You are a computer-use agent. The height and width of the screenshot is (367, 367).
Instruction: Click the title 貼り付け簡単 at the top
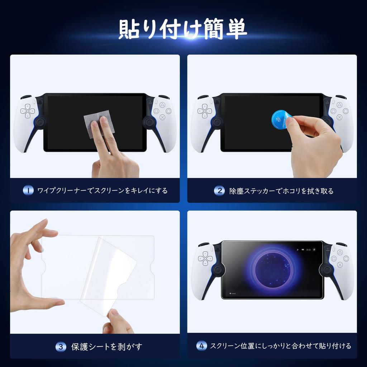tap(183, 29)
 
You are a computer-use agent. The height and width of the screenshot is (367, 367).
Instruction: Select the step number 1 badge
tap(28, 190)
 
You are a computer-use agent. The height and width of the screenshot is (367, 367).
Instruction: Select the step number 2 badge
tap(219, 191)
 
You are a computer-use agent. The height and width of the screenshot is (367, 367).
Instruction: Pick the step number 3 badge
tap(61, 347)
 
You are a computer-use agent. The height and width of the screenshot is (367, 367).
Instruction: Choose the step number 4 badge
tap(202, 346)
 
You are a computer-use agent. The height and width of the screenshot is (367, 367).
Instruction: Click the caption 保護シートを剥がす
tap(107, 347)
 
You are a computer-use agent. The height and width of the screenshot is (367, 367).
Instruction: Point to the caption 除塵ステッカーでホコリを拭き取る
tap(281, 191)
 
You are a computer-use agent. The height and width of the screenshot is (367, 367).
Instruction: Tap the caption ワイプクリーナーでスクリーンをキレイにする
tap(103, 190)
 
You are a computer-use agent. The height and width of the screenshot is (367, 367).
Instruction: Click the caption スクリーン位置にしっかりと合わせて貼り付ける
tap(280, 346)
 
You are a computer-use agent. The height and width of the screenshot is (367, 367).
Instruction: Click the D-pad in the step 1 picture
tap(27, 111)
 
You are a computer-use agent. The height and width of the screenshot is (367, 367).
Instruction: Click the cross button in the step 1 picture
tap(162, 117)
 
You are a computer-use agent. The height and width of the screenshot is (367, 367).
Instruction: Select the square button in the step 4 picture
tap(333, 258)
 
